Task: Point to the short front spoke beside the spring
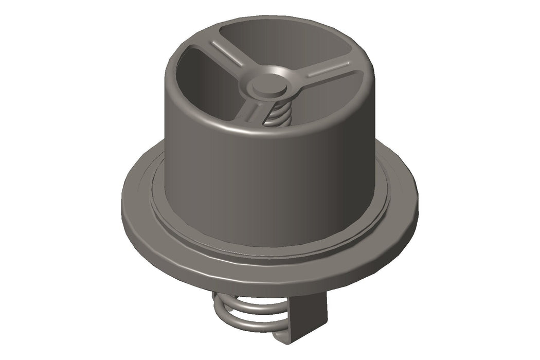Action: [x=253, y=111]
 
